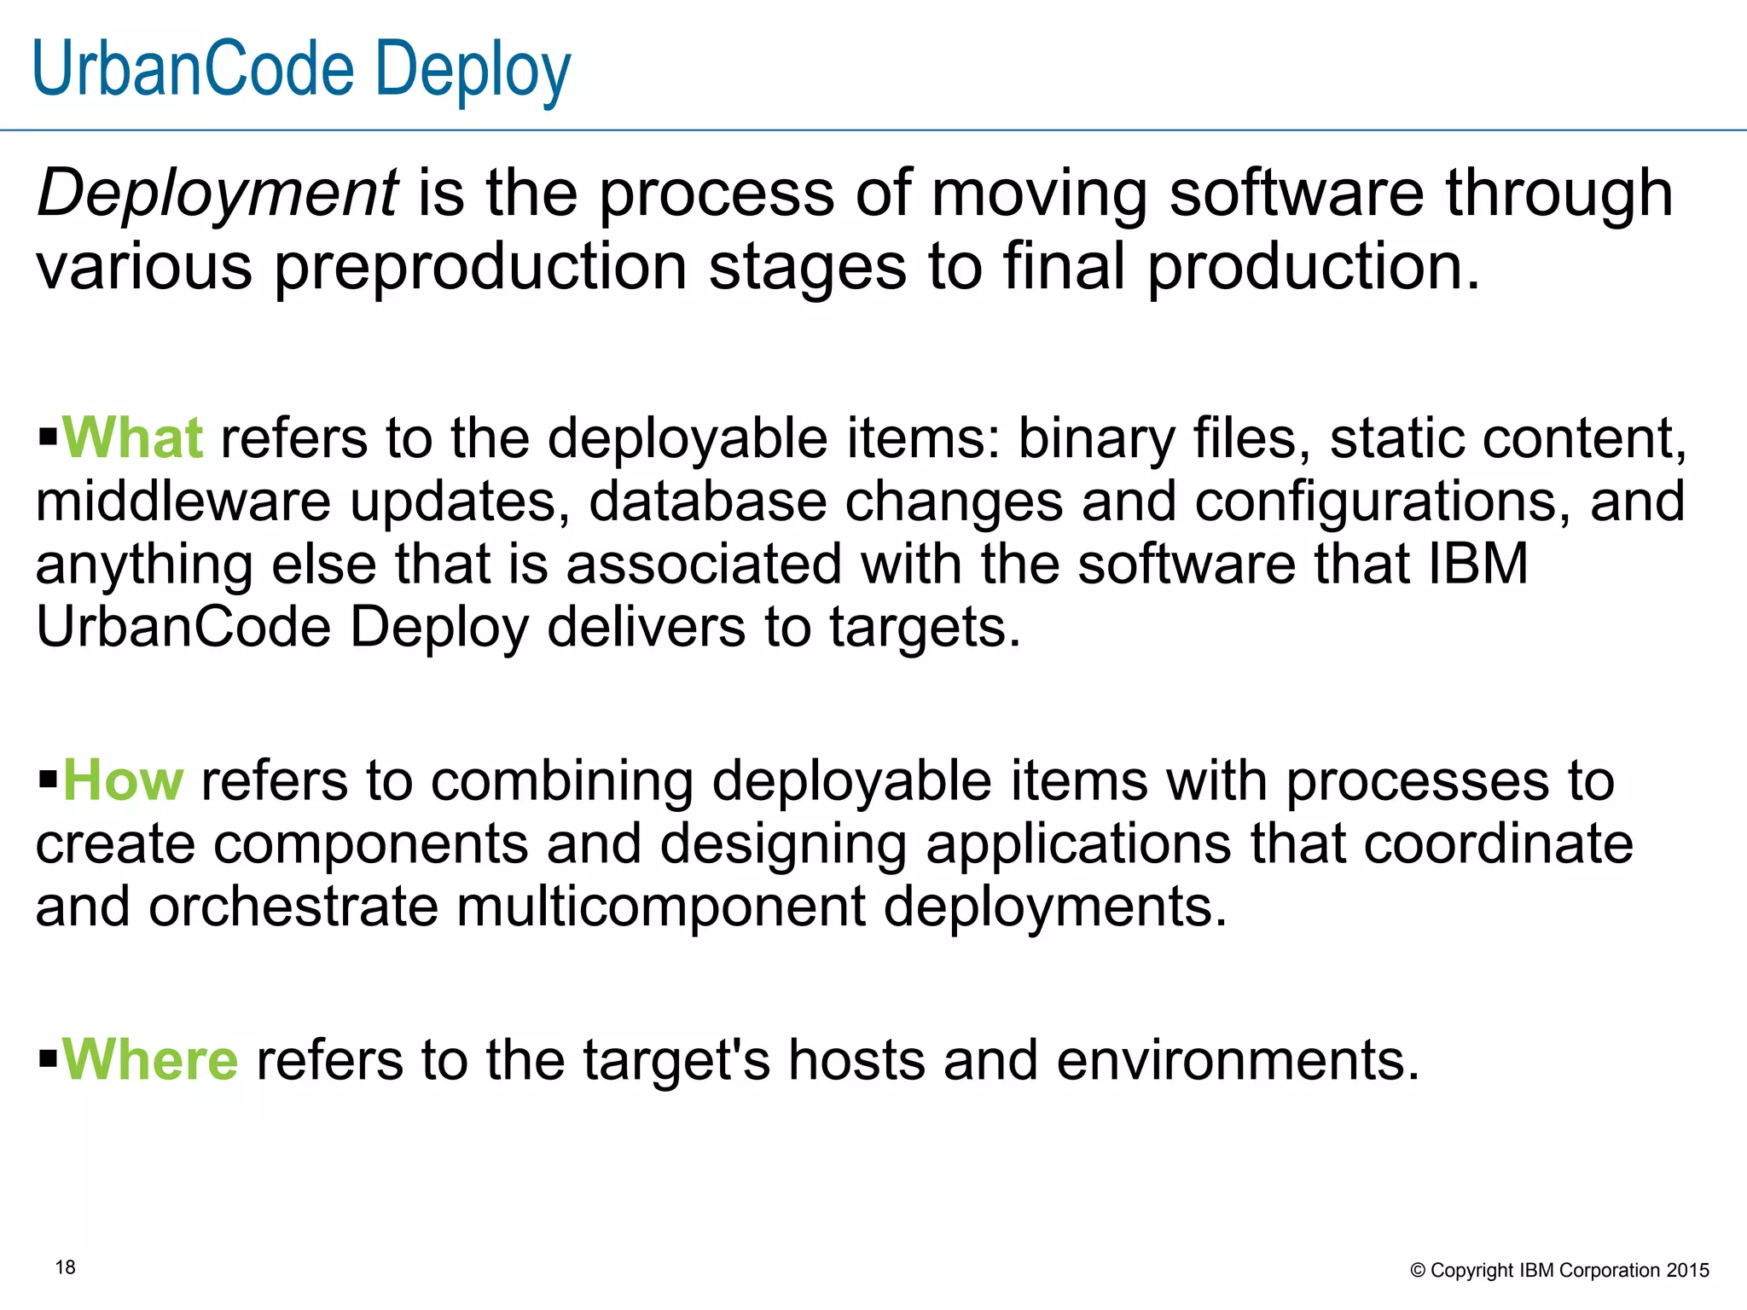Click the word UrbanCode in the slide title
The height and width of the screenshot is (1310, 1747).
point(193,70)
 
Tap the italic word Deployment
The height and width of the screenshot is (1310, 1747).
point(217,193)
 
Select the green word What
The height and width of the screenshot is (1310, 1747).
point(133,438)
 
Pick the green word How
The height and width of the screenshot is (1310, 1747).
point(123,780)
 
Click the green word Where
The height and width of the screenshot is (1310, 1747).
point(150,1060)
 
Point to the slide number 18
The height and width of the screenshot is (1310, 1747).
point(66,1267)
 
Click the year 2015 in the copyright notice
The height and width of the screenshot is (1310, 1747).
point(1688,1270)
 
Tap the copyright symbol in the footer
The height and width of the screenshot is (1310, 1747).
point(1418,1271)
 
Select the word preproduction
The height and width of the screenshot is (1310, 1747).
point(480,267)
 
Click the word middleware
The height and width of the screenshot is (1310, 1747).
point(183,501)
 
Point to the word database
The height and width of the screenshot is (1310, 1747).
point(707,501)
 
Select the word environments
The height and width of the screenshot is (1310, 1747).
point(1238,1060)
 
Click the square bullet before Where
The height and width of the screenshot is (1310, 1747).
point(48,1061)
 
